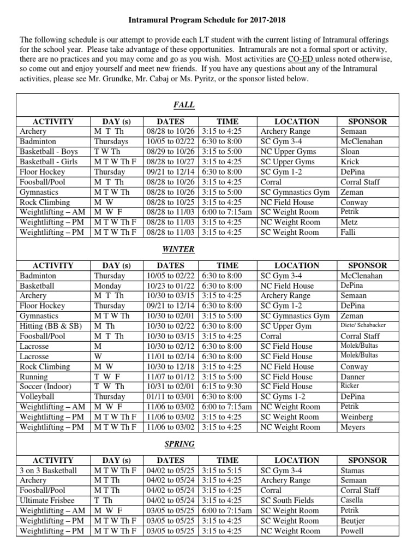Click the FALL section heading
pyautogui.click(x=184, y=105)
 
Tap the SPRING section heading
pyautogui.click(x=184, y=444)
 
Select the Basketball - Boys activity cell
pyautogui.click(x=49, y=151)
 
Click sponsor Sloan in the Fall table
pyautogui.click(x=350, y=151)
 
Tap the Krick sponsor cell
pyautogui.click(x=349, y=162)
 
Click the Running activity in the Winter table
pyautogui.click(x=34, y=377)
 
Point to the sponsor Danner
pyautogui.click(x=352, y=377)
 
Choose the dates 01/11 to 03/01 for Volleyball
pyautogui.click(x=170, y=397)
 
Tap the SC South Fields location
pyautogui.click(x=288, y=501)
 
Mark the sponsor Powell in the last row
pyautogui.click(x=351, y=531)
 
